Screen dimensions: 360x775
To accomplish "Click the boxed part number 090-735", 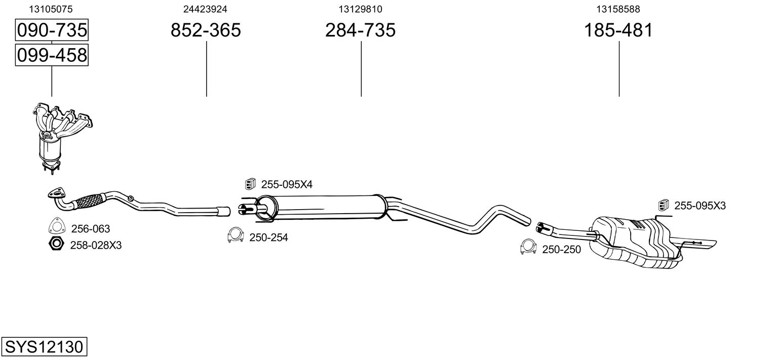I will pos(52,30).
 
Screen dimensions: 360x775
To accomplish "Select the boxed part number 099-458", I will pos(52,55).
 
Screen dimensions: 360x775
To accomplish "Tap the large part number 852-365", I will pos(206,30).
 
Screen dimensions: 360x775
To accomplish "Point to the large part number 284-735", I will pos(360,30).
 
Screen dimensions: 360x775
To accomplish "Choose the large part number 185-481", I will pos(618,30).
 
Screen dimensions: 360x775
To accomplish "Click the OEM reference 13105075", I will pos(51,9).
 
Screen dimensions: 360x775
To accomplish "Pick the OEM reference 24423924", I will pos(205,9).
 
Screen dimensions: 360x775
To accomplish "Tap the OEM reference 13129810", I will pos(360,9).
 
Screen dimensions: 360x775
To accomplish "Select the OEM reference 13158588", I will pos(618,9).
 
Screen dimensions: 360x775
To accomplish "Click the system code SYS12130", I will pos(44,347).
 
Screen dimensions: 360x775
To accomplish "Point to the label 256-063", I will pos(90,229).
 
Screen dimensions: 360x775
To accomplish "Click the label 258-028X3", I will pos(96,246).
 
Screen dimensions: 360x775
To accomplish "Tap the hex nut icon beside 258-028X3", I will pos(56,244).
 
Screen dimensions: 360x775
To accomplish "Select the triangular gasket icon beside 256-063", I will pos(56,227).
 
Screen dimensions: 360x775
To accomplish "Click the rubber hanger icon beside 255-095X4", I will pos(250,184).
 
